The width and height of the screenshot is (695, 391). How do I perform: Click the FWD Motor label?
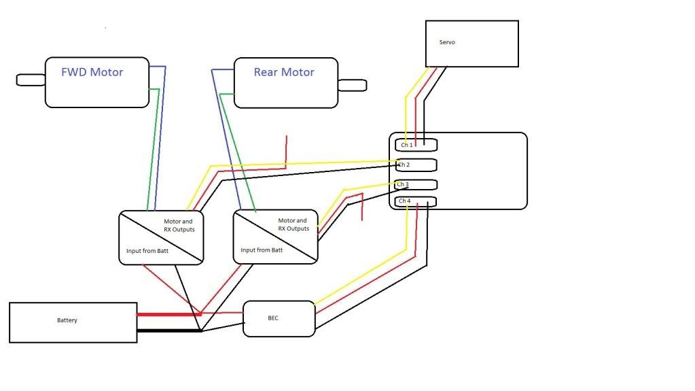coord(92,72)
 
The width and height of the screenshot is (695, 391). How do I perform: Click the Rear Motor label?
coord(284,72)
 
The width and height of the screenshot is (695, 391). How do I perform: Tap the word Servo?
coord(447,42)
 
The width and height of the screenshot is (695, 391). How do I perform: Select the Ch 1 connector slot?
coord(416,145)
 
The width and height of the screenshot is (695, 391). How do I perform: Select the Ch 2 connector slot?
coord(416,165)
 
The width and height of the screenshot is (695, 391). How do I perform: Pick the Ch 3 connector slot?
coord(416,184)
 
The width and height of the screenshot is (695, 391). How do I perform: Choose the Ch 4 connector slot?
coord(416,201)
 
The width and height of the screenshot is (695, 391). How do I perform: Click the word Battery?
coord(67,320)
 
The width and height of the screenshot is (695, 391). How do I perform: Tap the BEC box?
coord(279,319)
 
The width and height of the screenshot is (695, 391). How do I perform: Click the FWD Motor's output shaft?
coord(31,80)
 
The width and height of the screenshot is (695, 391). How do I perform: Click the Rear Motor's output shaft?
coord(353,85)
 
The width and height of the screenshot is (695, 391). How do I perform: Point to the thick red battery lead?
coord(169,314)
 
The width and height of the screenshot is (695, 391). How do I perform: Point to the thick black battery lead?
coord(169,330)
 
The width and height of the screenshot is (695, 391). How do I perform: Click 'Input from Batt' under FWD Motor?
coord(147,251)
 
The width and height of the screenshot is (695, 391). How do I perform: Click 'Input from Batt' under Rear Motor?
coord(262,250)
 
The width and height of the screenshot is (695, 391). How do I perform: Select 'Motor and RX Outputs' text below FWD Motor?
coord(179,226)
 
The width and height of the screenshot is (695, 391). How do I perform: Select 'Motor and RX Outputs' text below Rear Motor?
coord(293,224)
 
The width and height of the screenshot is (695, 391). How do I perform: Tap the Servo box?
coord(472,44)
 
